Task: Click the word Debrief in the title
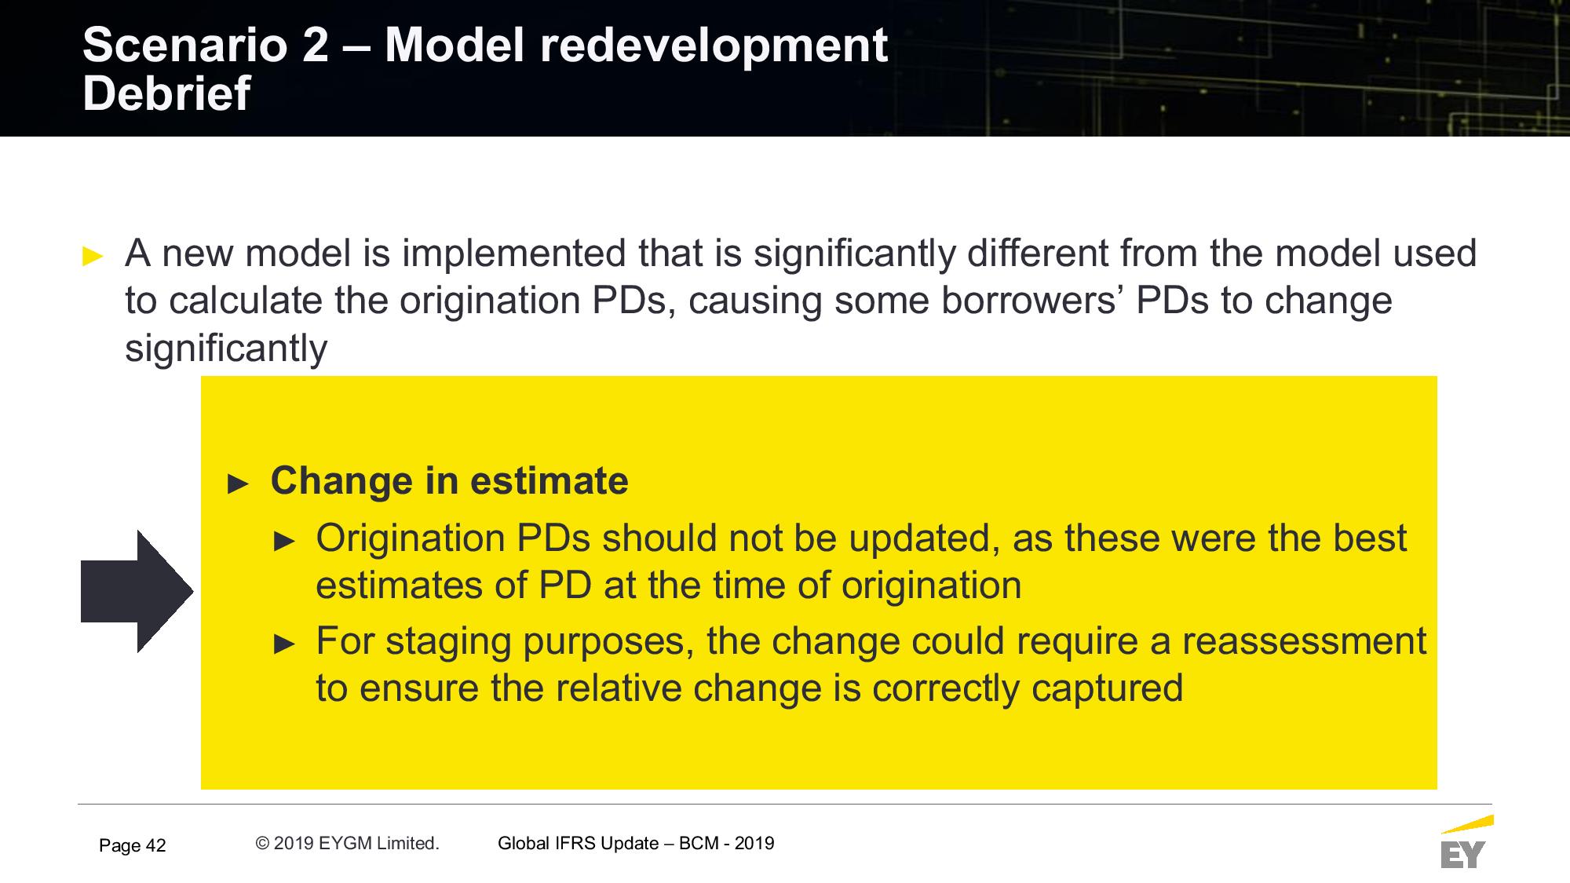(166, 93)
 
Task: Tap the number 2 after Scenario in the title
(315, 45)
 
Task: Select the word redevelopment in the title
(714, 45)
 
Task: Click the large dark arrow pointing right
(137, 591)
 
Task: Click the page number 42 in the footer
(155, 845)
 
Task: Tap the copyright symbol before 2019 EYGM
(262, 843)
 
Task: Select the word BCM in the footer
(698, 843)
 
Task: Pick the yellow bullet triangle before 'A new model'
(93, 256)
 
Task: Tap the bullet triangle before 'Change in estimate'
(238, 483)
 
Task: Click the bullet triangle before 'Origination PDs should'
(284, 541)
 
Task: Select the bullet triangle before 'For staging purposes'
(284, 644)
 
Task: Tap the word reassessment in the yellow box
(1305, 640)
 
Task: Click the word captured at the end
(1107, 688)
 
